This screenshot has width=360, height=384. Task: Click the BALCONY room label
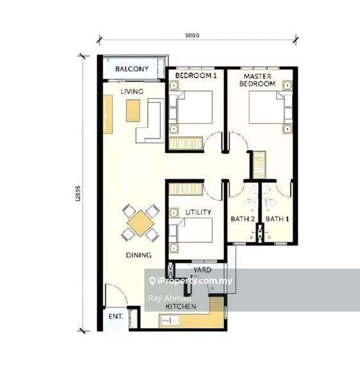pyautogui.click(x=132, y=69)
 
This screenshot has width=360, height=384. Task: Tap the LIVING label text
pyautogui.click(x=132, y=92)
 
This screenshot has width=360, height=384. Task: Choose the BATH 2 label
pyautogui.click(x=243, y=219)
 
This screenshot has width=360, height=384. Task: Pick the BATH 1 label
pyautogui.click(x=277, y=219)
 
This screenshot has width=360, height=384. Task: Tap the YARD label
pyautogui.click(x=202, y=270)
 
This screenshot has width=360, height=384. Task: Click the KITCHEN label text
pyautogui.click(x=180, y=307)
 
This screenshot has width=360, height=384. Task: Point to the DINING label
pyautogui.click(x=139, y=255)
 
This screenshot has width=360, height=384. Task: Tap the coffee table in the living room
pyautogui.click(x=133, y=110)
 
